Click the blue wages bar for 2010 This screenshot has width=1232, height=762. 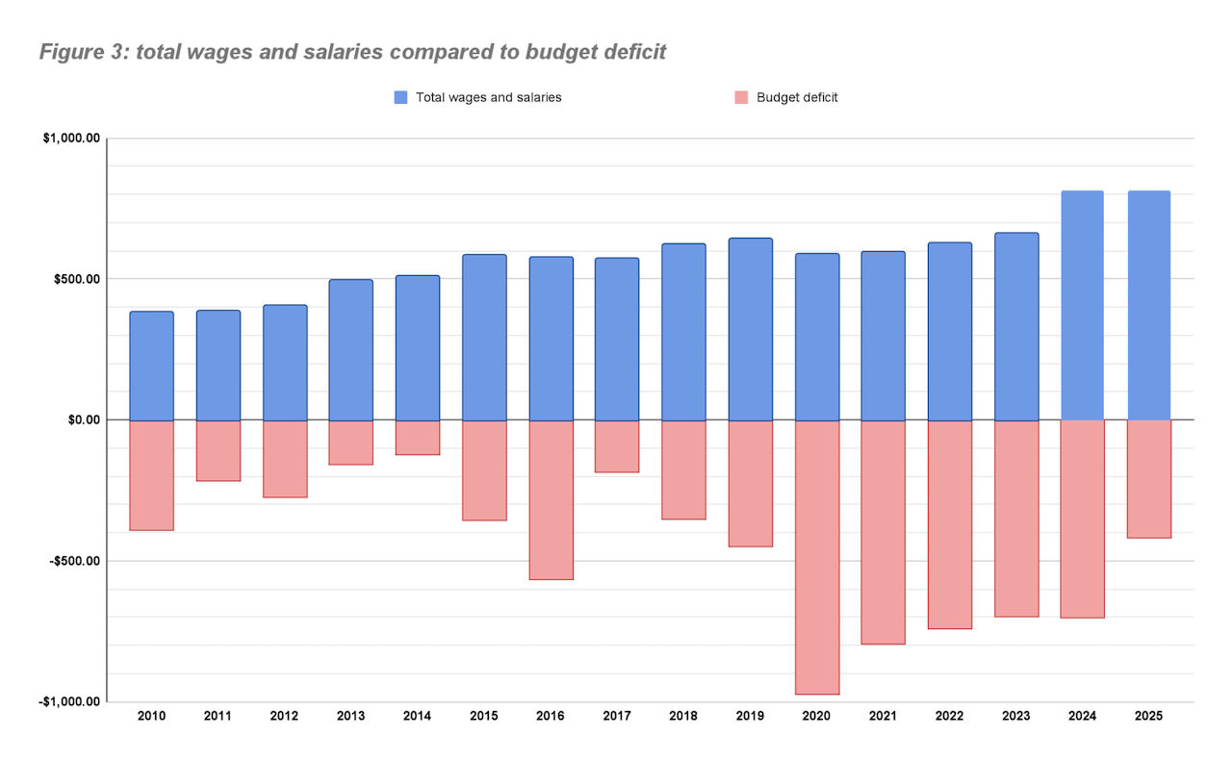tap(151, 366)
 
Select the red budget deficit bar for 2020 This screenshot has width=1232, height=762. tap(817, 557)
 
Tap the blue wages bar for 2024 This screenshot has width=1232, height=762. tap(1082, 305)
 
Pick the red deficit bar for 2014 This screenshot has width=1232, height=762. tap(418, 438)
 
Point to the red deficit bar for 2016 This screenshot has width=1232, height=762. tap(551, 499)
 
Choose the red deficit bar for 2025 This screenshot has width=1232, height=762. tap(1148, 478)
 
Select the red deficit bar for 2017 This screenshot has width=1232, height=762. tap(617, 446)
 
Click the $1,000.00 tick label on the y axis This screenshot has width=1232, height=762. tap(71, 139)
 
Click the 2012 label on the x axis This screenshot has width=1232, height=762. tap(284, 717)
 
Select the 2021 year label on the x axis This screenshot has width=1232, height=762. tap(883, 717)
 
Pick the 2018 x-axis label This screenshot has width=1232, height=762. tap(683, 717)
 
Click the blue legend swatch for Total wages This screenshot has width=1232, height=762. tap(401, 97)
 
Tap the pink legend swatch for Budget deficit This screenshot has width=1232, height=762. tap(741, 97)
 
